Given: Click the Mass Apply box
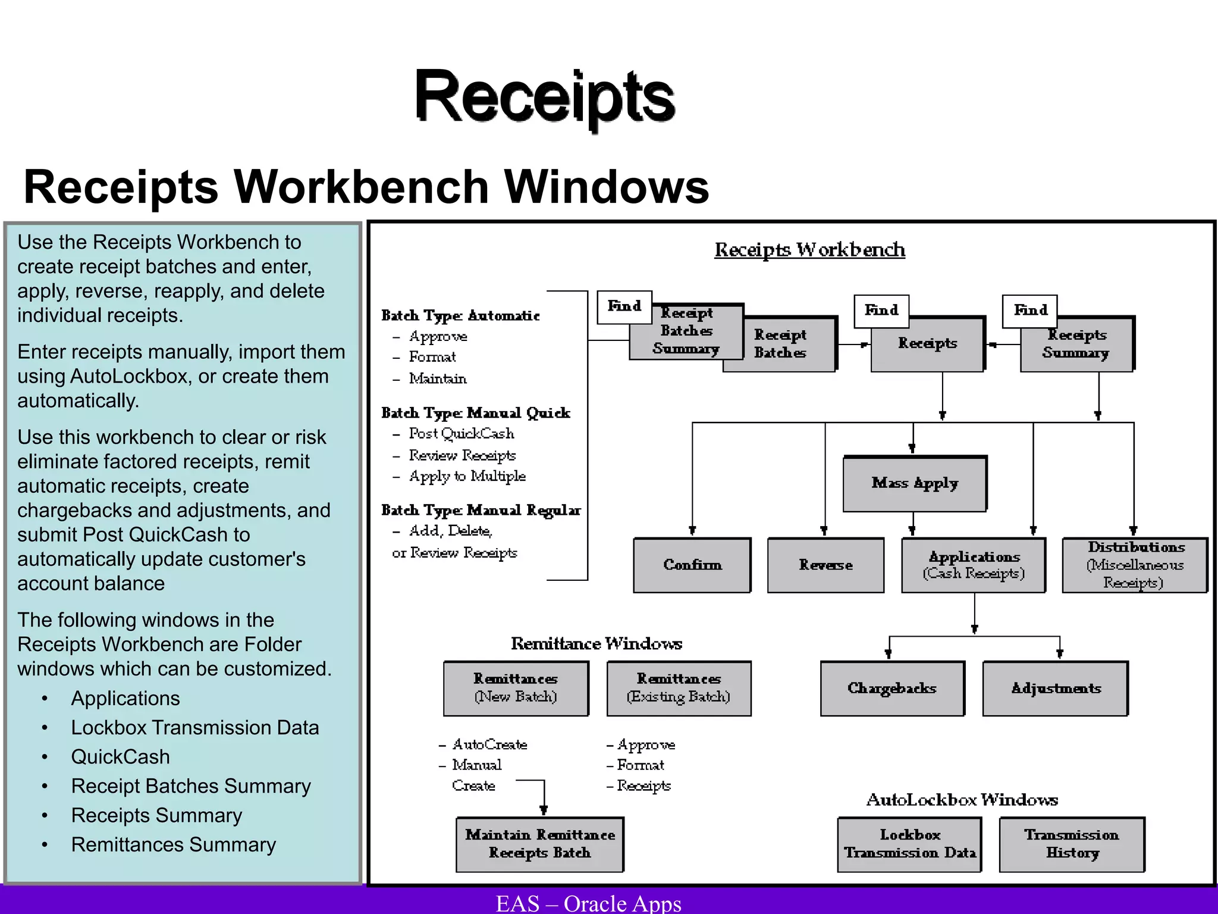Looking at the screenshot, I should [915, 484].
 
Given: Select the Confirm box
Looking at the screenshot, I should [692, 565].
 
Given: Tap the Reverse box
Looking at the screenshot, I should [825, 565].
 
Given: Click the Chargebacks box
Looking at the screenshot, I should [892, 688].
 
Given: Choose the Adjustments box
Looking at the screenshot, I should [1056, 688].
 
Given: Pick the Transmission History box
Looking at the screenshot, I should [1072, 844].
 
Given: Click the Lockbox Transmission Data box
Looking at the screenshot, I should [909, 844].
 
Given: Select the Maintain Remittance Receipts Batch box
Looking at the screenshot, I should [539, 844].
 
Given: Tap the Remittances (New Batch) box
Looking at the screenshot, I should [516, 688].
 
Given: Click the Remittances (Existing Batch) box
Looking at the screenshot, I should [679, 688].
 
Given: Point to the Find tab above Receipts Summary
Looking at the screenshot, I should [1030, 311].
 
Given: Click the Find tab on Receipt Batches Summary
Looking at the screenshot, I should [624, 307].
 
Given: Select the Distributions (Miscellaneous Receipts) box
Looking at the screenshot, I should [1135, 565].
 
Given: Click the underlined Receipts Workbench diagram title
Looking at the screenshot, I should [809, 250].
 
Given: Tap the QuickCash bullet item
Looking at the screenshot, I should [120, 757].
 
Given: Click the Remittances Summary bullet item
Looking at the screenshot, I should [173, 845].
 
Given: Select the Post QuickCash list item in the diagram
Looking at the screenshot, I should [461, 434].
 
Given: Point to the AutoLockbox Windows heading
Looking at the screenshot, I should [962, 800].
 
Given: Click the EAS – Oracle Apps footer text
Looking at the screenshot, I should [588, 903].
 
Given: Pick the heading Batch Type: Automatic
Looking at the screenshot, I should [460, 316].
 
